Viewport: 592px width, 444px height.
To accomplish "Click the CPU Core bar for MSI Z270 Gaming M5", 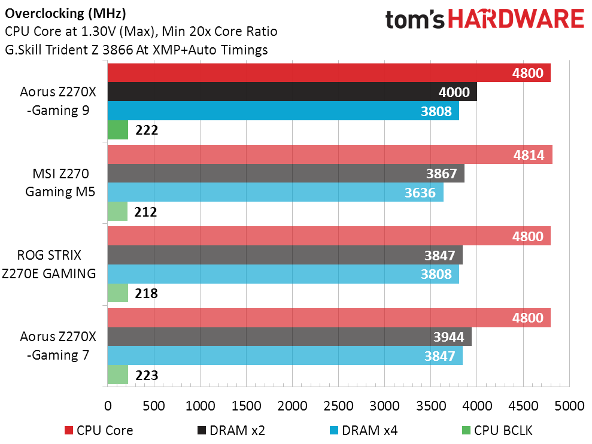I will (329, 156).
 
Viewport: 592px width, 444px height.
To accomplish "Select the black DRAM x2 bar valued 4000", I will (292, 92).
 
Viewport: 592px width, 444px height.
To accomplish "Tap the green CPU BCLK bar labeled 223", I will (117, 375).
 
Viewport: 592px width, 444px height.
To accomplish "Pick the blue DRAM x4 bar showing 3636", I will (275, 193).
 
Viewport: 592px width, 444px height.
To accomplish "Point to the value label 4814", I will (529, 156).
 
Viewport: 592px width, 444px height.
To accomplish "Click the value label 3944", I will (448, 337).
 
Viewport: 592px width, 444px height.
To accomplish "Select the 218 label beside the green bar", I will (145, 294).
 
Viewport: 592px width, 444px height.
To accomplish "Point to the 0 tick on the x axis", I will (108, 406).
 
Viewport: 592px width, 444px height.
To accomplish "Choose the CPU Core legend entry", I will (99, 430).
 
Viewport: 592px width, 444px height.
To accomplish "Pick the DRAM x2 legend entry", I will (229, 430).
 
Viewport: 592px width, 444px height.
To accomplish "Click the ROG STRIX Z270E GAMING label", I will (54, 265).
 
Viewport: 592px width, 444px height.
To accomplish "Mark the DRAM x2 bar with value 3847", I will (285, 256).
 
